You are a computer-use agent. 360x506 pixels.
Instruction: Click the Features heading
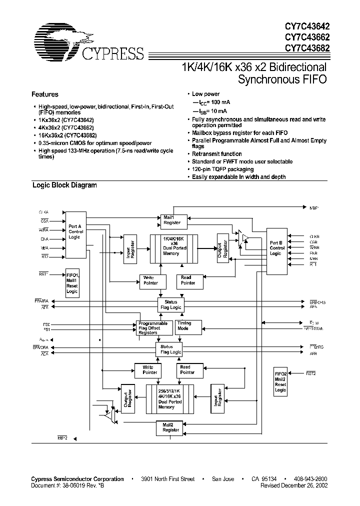click(x=45, y=94)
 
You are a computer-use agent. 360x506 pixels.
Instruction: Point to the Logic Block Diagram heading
click(x=64, y=185)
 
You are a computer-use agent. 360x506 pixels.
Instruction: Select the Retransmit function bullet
click(x=216, y=154)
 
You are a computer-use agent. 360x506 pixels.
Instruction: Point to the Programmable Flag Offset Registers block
click(x=150, y=328)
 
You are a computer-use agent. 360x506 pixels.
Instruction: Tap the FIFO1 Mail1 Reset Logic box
click(x=72, y=283)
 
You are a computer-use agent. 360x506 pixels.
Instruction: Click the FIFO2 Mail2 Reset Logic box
click(x=280, y=382)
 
